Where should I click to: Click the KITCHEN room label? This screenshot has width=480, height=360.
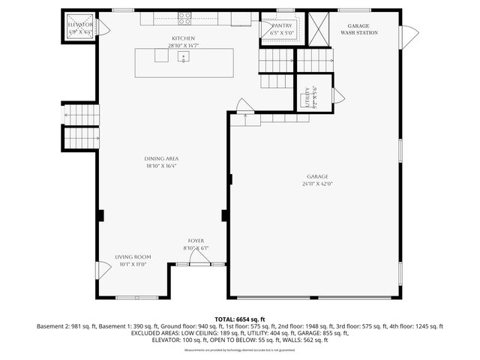[183, 37]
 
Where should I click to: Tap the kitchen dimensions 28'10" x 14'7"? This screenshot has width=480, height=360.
[183, 46]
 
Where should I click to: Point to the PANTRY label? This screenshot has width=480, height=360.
[281, 25]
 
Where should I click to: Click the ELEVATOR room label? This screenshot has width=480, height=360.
[79, 25]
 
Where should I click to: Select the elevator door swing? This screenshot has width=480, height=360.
[104, 29]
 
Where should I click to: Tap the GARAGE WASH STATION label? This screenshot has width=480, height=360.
[358, 29]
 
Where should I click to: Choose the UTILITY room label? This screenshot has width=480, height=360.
[307, 97]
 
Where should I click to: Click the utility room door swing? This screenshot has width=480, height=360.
[338, 95]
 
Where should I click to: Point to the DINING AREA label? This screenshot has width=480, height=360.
[161, 158]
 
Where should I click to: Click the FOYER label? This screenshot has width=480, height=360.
[196, 241]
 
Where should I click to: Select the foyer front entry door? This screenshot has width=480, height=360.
[198, 259]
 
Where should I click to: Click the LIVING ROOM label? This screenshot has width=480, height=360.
[133, 256]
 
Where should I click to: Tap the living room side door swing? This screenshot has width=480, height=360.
[103, 271]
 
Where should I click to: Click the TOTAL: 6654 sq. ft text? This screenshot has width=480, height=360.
[240, 319]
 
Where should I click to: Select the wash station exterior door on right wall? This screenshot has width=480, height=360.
[409, 35]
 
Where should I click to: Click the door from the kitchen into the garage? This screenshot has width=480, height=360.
[243, 105]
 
